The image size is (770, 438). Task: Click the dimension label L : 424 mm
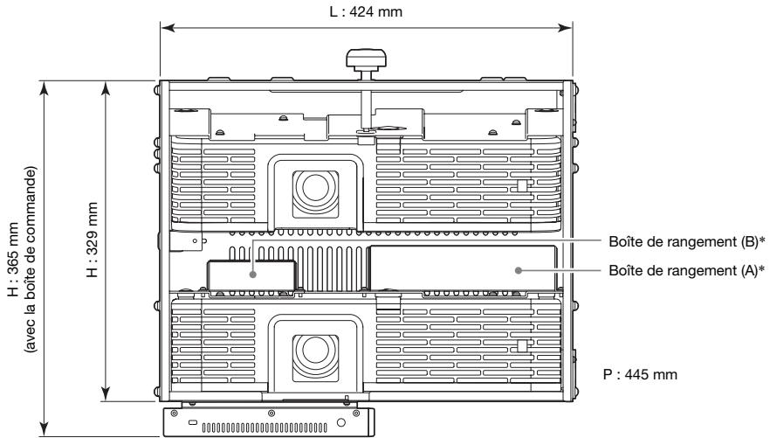[x=366, y=11]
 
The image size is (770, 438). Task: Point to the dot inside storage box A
[x=518, y=270]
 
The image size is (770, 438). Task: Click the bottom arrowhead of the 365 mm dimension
[x=45, y=429]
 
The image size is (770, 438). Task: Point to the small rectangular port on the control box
[x=191, y=423]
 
